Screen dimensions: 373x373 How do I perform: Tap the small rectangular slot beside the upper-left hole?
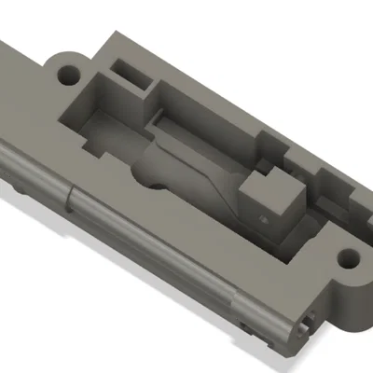(129, 70)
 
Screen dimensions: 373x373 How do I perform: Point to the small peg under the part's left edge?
(20, 186)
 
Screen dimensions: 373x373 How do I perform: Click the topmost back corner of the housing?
(114, 36)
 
